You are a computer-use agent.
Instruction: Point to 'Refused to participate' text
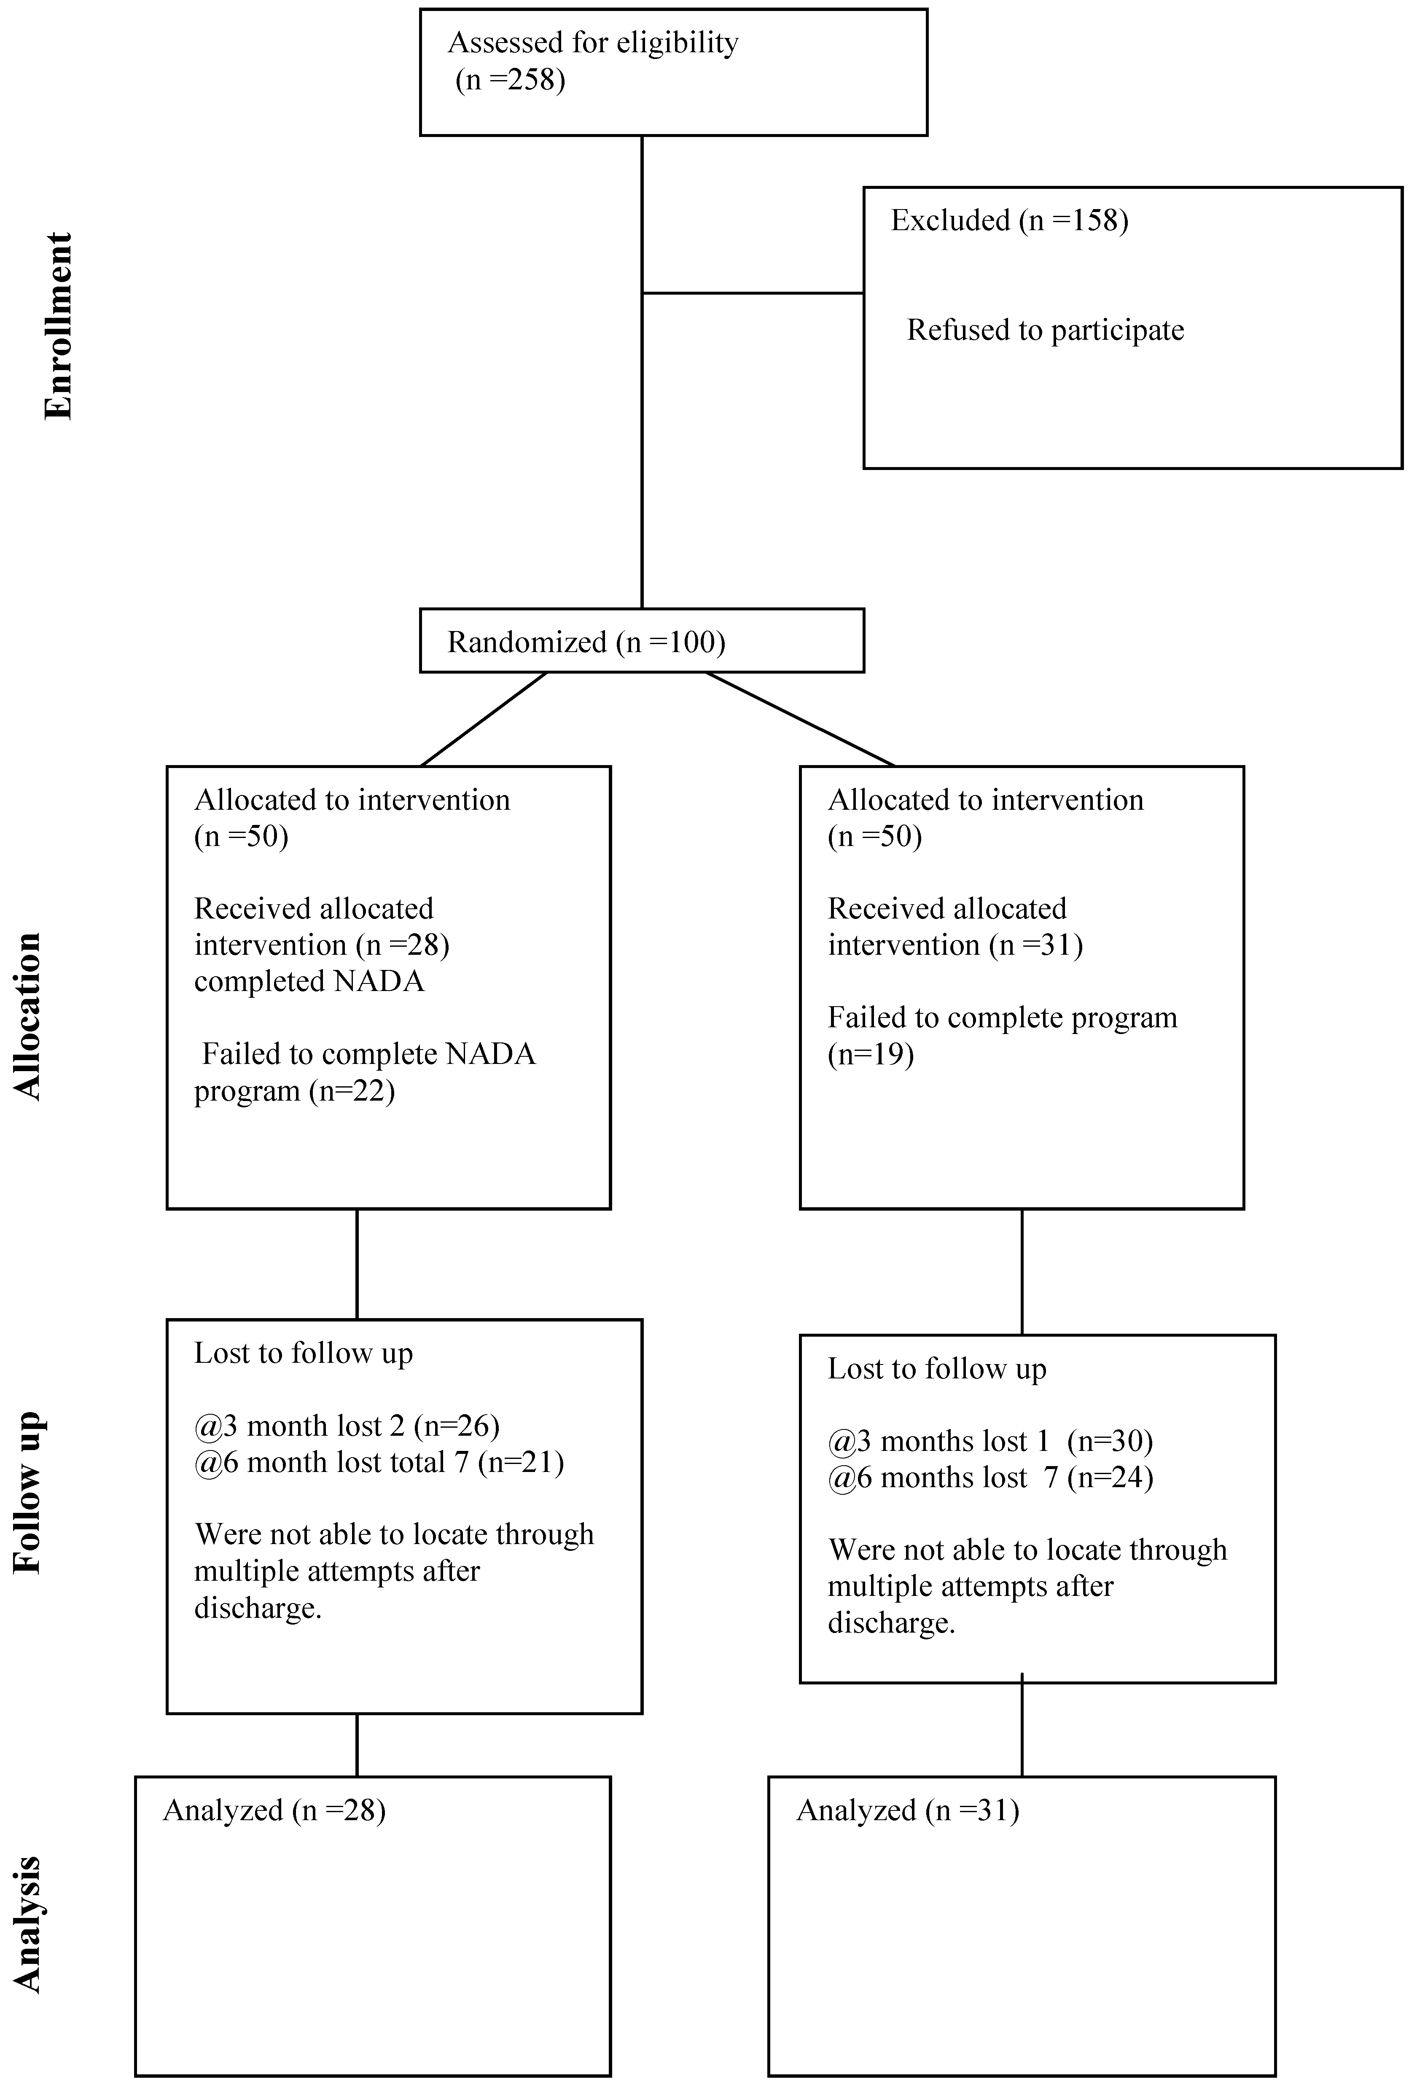tap(1045, 330)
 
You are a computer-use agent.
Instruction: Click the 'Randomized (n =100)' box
tap(641, 641)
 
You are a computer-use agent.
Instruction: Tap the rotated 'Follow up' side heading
tap(28, 1492)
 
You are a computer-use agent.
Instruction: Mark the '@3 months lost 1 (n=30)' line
tap(990, 1442)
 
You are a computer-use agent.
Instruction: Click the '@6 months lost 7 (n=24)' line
tap(990, 1477)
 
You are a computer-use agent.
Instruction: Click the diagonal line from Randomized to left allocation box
tap(484, 718)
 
